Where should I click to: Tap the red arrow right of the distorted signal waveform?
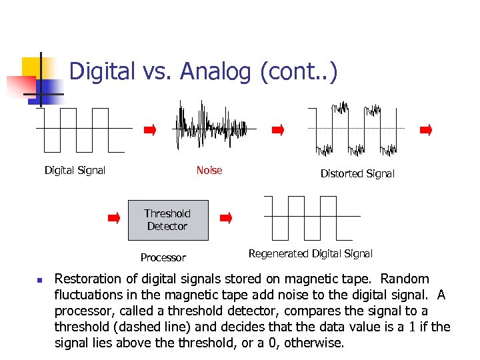(x=426, y=130)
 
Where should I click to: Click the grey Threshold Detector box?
(x=167, y=220)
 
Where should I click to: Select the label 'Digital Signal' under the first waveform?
(x=75, y=170)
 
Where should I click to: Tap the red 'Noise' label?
(x=209, y=170)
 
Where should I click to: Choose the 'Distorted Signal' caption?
(x=357, y=173)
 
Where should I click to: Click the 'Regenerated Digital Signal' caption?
(x=310, y=253)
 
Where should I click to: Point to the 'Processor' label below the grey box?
(x=163, y=257)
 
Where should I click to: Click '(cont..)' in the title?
(x=299, y=71)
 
